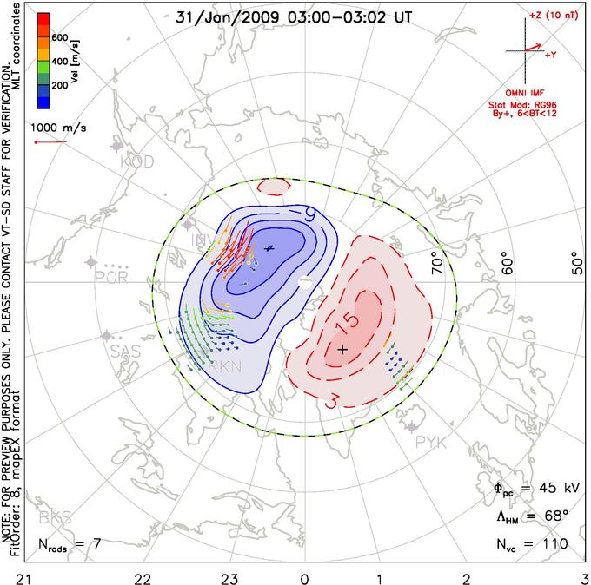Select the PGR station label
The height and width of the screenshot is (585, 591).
111,278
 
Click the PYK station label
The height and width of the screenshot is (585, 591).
432,444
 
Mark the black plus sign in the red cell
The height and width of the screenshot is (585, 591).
342,349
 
